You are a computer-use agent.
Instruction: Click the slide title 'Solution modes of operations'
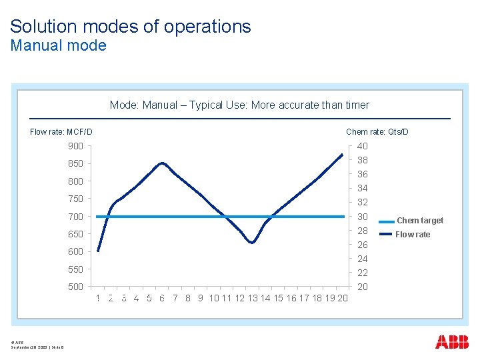coord(131,27)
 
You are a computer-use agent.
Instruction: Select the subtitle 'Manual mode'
coord(58,45)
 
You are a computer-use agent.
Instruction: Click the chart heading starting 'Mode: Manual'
coord(239,105)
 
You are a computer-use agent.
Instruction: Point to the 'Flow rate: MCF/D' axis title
coord(61,132)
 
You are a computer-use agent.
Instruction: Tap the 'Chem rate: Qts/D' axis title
coord(377,132)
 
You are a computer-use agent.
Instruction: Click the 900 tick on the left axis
coord(75,146)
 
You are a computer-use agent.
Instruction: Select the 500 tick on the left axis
coord(75,287)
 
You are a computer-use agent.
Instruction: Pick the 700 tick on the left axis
coord(75,217)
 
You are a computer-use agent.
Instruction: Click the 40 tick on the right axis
coord(362,146)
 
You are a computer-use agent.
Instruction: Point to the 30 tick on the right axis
coord(362,217)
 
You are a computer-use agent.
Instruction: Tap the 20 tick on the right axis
coord(362,287)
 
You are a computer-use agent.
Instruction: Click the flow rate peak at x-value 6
coord(162,163)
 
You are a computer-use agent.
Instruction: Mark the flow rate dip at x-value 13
coord(252,243)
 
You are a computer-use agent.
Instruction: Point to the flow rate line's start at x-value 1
coord(98,251)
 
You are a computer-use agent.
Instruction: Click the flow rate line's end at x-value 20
coord(342,155)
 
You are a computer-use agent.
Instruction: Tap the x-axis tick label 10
coord(214,299)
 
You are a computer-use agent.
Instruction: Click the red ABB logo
coord(451,342)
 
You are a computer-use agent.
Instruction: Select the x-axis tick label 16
coord(291,299)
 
